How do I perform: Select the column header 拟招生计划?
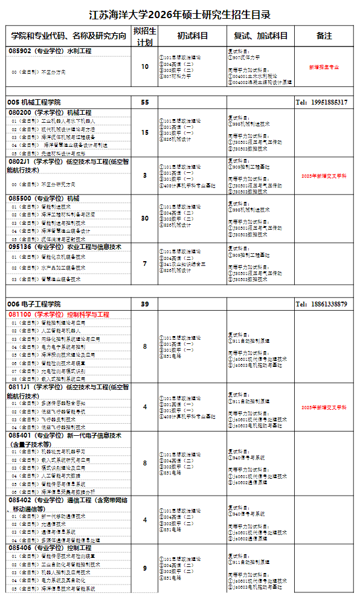click(x=144, y=36)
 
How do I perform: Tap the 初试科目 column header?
click(x=192, y=36)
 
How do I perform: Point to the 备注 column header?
click(x=324, y=36)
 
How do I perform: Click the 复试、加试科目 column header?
click(x=261, y=36)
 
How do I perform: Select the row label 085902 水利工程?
click(x=50, y=51)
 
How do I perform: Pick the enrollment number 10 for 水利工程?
click(x=144, y=66)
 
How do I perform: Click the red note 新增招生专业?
click(x=324, y=66)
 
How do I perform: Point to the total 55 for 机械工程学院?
click(x=144, y=102)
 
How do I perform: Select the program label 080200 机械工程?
click(x=50, y=112)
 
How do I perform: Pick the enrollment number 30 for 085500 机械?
click(x=144, y=218)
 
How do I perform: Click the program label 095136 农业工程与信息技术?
click(x=65, y=247)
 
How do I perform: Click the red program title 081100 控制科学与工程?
click(x=59, y=315)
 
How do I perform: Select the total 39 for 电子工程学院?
click(x=144, y=303)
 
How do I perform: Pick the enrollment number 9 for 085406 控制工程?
click(x=144, y=568)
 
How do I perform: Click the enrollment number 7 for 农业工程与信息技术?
click(x=144, y=264)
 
